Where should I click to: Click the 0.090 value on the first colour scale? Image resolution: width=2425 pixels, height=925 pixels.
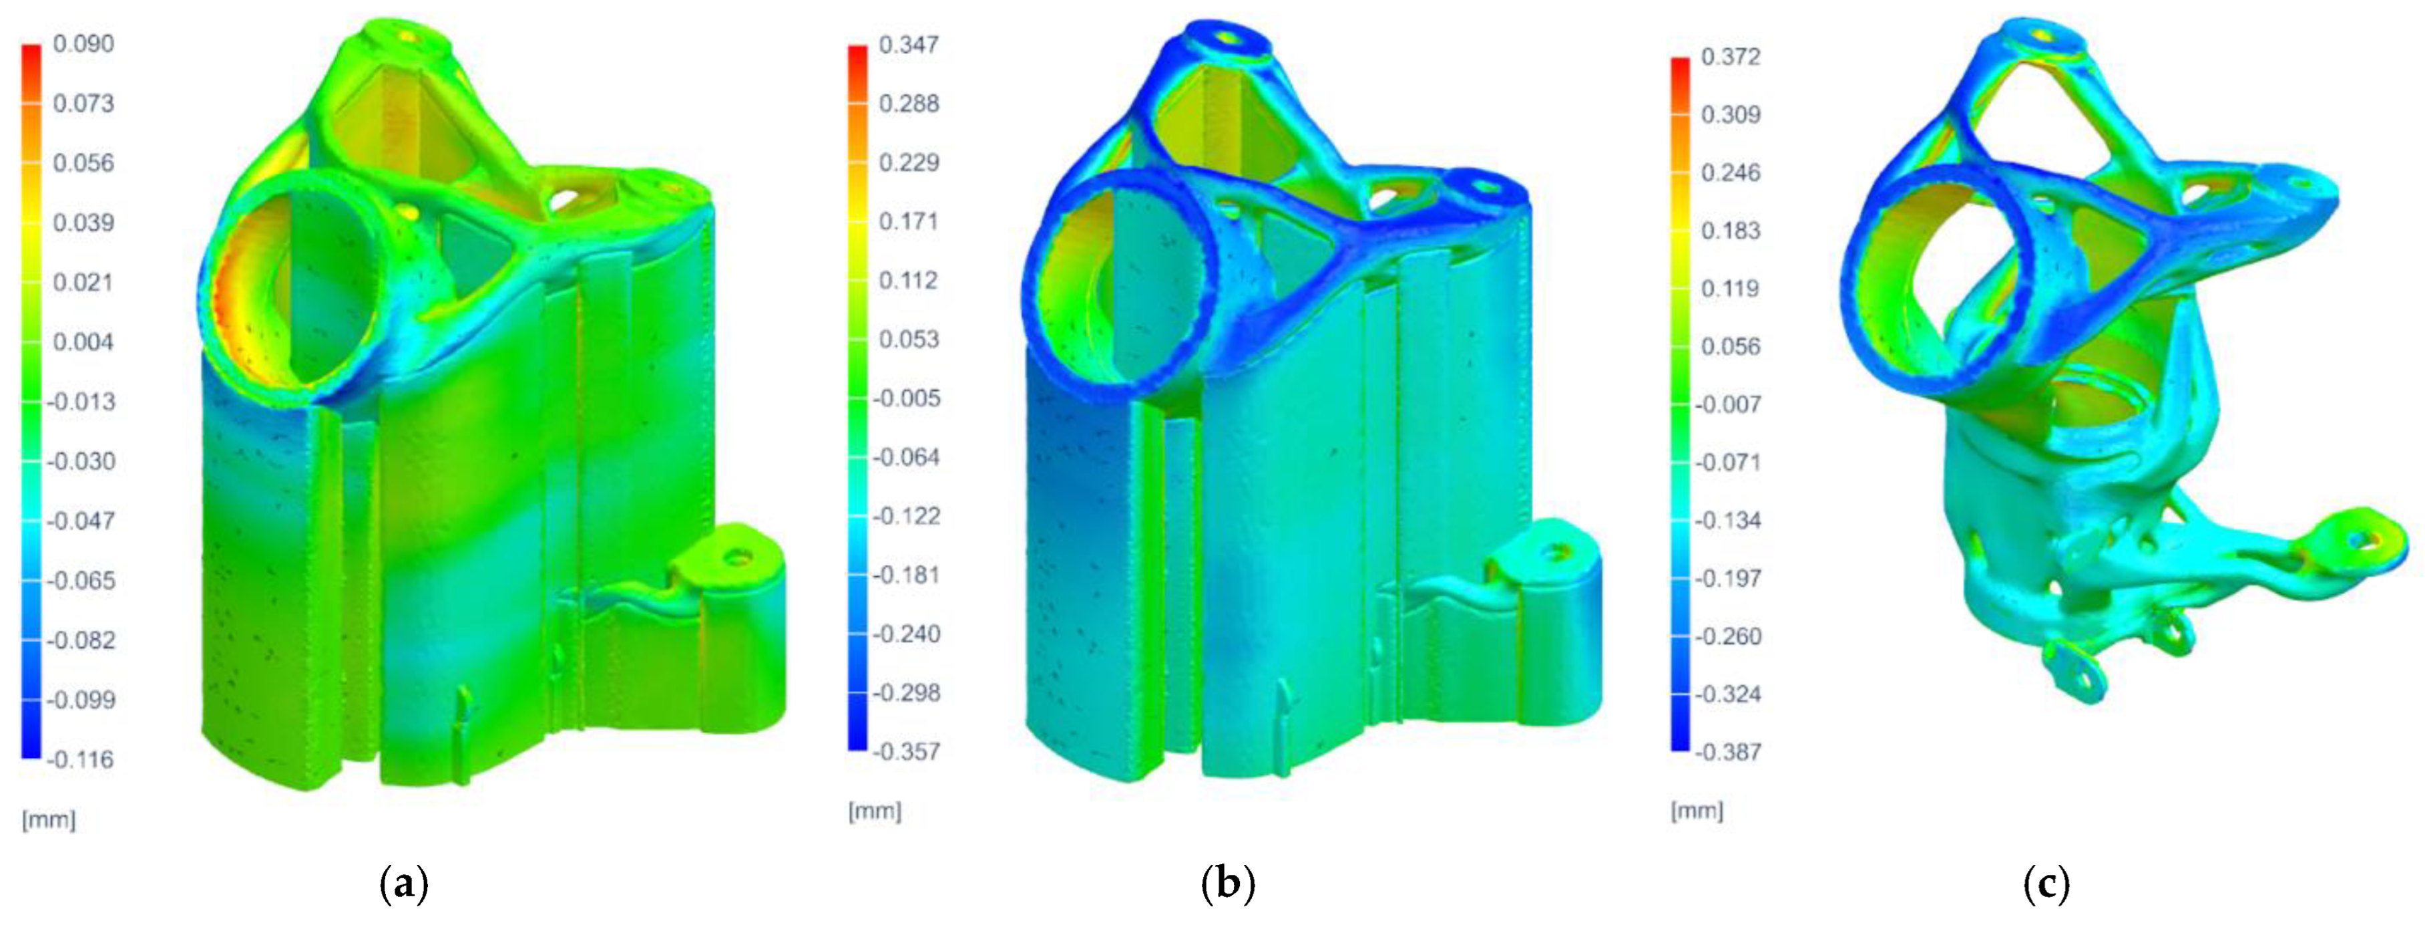83,44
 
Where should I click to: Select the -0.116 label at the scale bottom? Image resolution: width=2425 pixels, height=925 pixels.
80,759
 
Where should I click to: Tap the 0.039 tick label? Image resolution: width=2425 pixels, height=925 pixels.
83,223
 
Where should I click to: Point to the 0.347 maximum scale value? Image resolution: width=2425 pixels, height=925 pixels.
909,44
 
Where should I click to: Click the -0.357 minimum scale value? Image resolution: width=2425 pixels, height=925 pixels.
905,752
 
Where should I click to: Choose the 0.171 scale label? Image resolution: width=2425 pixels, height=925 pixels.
909,221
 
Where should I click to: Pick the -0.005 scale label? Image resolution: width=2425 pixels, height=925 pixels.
905,398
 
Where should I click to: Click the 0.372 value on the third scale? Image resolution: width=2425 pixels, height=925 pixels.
1730,57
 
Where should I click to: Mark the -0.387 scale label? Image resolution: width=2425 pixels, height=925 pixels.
1727,752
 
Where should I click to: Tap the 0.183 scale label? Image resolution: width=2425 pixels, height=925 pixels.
1730,231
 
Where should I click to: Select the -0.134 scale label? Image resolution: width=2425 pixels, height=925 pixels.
1727,520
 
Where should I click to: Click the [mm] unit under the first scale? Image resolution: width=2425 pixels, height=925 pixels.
48,819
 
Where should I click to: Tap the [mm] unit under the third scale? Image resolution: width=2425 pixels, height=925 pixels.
1697,811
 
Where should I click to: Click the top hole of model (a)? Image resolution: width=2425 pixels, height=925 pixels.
407,36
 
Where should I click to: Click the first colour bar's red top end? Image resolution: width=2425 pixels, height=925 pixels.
31,52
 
